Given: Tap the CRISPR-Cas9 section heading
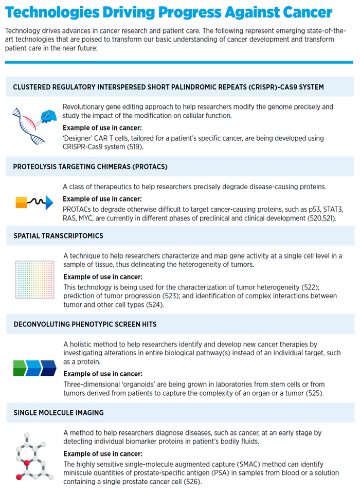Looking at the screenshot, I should (x=169, y=87).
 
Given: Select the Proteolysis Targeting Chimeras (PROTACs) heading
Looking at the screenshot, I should (x=91, y=167).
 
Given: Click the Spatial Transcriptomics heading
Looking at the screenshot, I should (x=58, y=235).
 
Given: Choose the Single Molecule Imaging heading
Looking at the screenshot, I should (x=59, y=412).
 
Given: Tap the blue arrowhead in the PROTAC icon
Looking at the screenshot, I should (x=49, y=203).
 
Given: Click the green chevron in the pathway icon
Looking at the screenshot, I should (x=20, y=368).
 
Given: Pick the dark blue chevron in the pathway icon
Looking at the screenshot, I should (x=48, y=368).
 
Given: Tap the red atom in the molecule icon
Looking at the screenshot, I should (x=19, y=477).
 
